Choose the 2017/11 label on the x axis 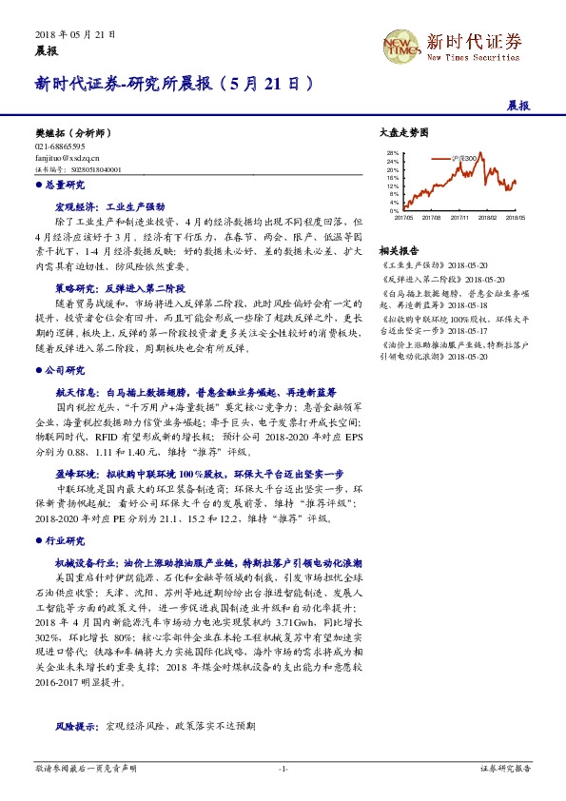(x=459, y=217)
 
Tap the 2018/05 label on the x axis (x=516, y=217)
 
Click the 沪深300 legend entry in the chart (x=464, y=154)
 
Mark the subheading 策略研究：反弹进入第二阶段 (x=119, y=286)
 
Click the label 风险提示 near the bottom (x=76, y=725)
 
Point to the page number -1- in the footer (x=283, y=768)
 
